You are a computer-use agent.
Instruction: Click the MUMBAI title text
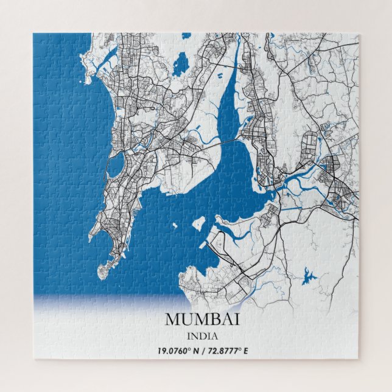(202, 319)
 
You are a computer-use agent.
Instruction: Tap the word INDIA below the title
(202, 335)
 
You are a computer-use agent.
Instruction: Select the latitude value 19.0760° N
(178, 351)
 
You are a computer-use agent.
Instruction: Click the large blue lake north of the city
(180, 64)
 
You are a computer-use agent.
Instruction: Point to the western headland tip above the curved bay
(91, 236)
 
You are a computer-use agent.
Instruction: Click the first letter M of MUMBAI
(172, 319)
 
